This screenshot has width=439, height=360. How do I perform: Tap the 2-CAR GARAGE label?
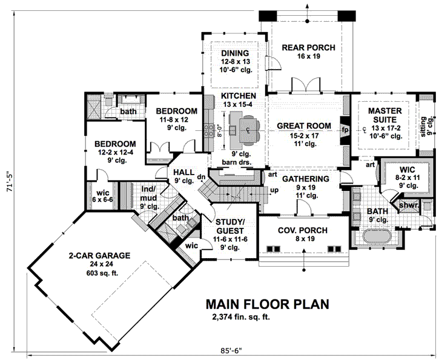(x=99, y=256)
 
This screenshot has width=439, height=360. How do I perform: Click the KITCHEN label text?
(x=238, y=96)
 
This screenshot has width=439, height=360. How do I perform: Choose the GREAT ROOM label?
(x=304, y=126)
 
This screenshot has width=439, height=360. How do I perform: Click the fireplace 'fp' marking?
(x=345, y=129)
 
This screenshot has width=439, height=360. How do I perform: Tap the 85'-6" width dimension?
(x=231, y=350)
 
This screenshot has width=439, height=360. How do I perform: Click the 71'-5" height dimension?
(x=7, y=180)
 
